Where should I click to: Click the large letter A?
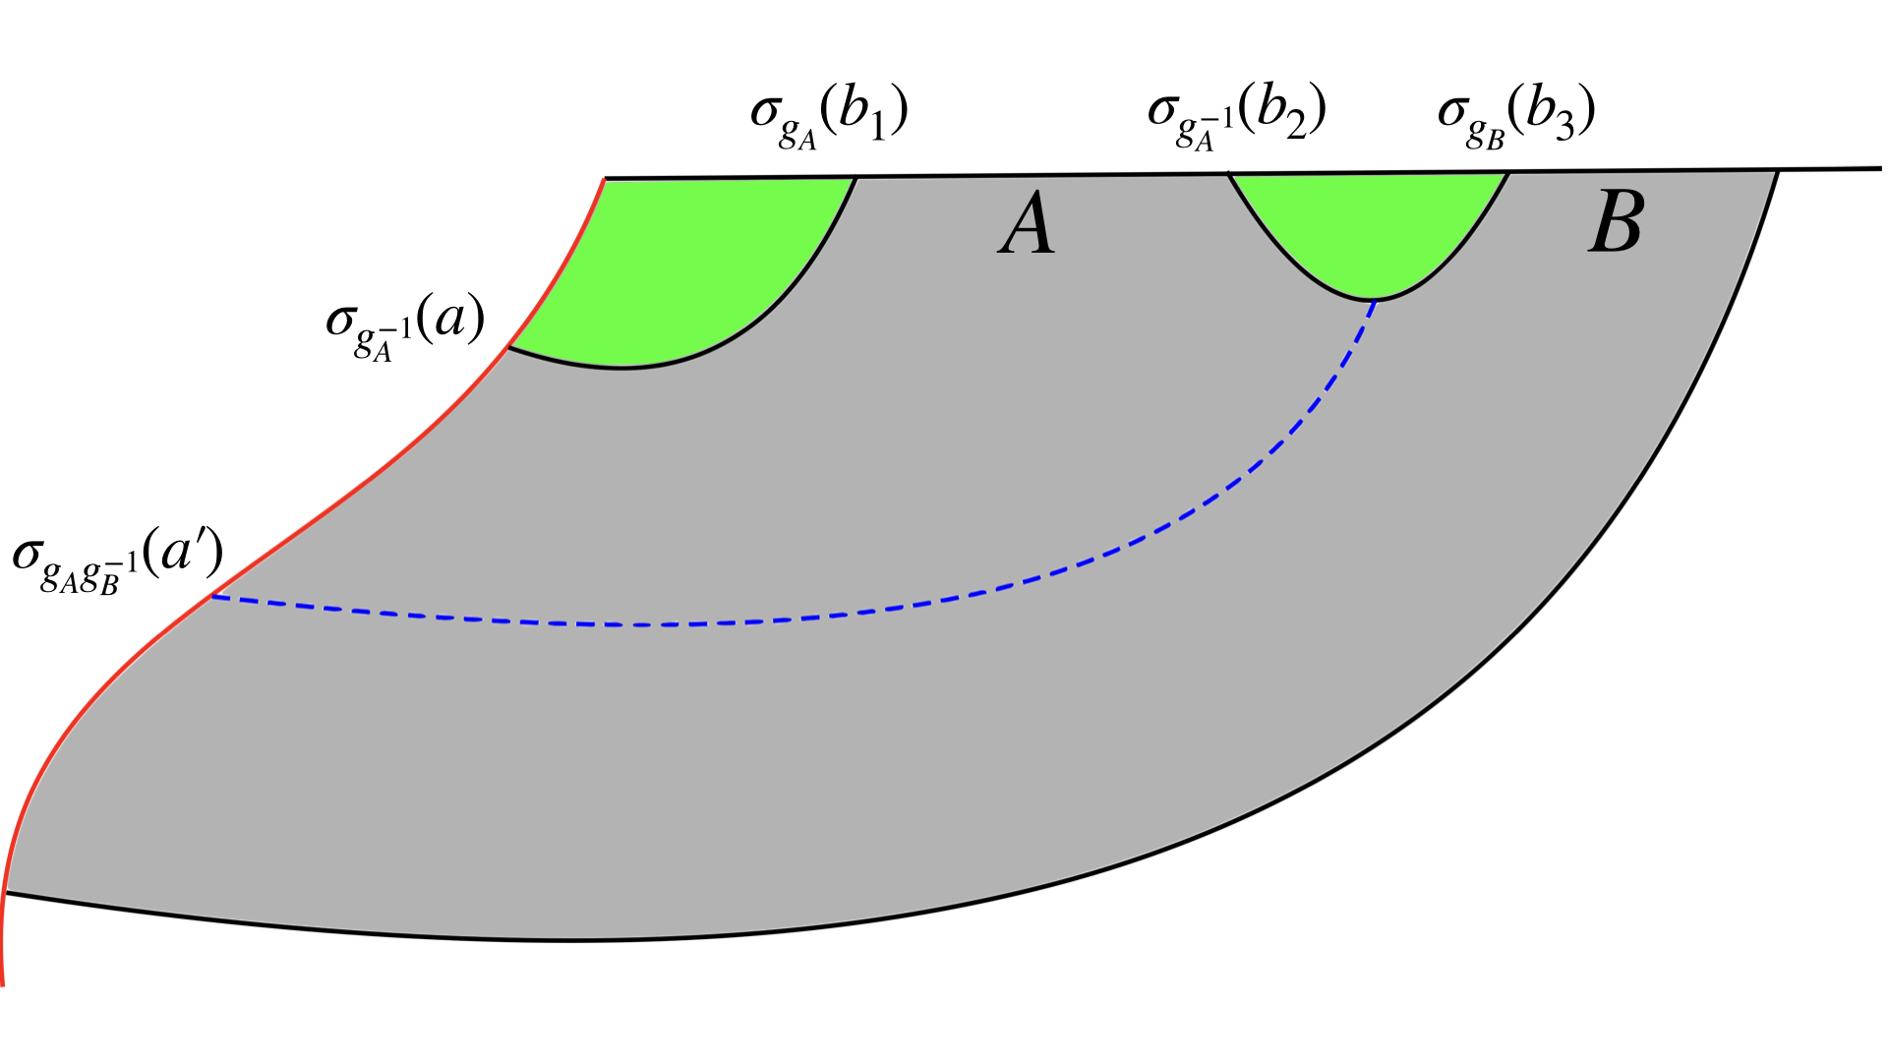1028,224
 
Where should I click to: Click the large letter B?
1616,222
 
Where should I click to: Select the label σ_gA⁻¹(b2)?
1237,116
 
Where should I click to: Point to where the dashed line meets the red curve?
212,596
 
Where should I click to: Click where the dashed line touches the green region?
1375,300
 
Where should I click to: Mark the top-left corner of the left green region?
604,179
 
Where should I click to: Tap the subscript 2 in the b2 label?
1296,128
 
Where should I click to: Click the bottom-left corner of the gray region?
6,893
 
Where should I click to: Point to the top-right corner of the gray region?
1778,171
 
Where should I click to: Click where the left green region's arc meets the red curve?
508,347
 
